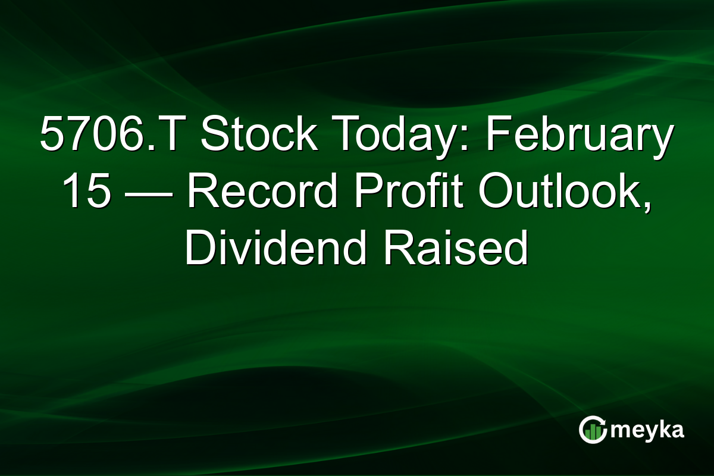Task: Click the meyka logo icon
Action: point(592,430)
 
